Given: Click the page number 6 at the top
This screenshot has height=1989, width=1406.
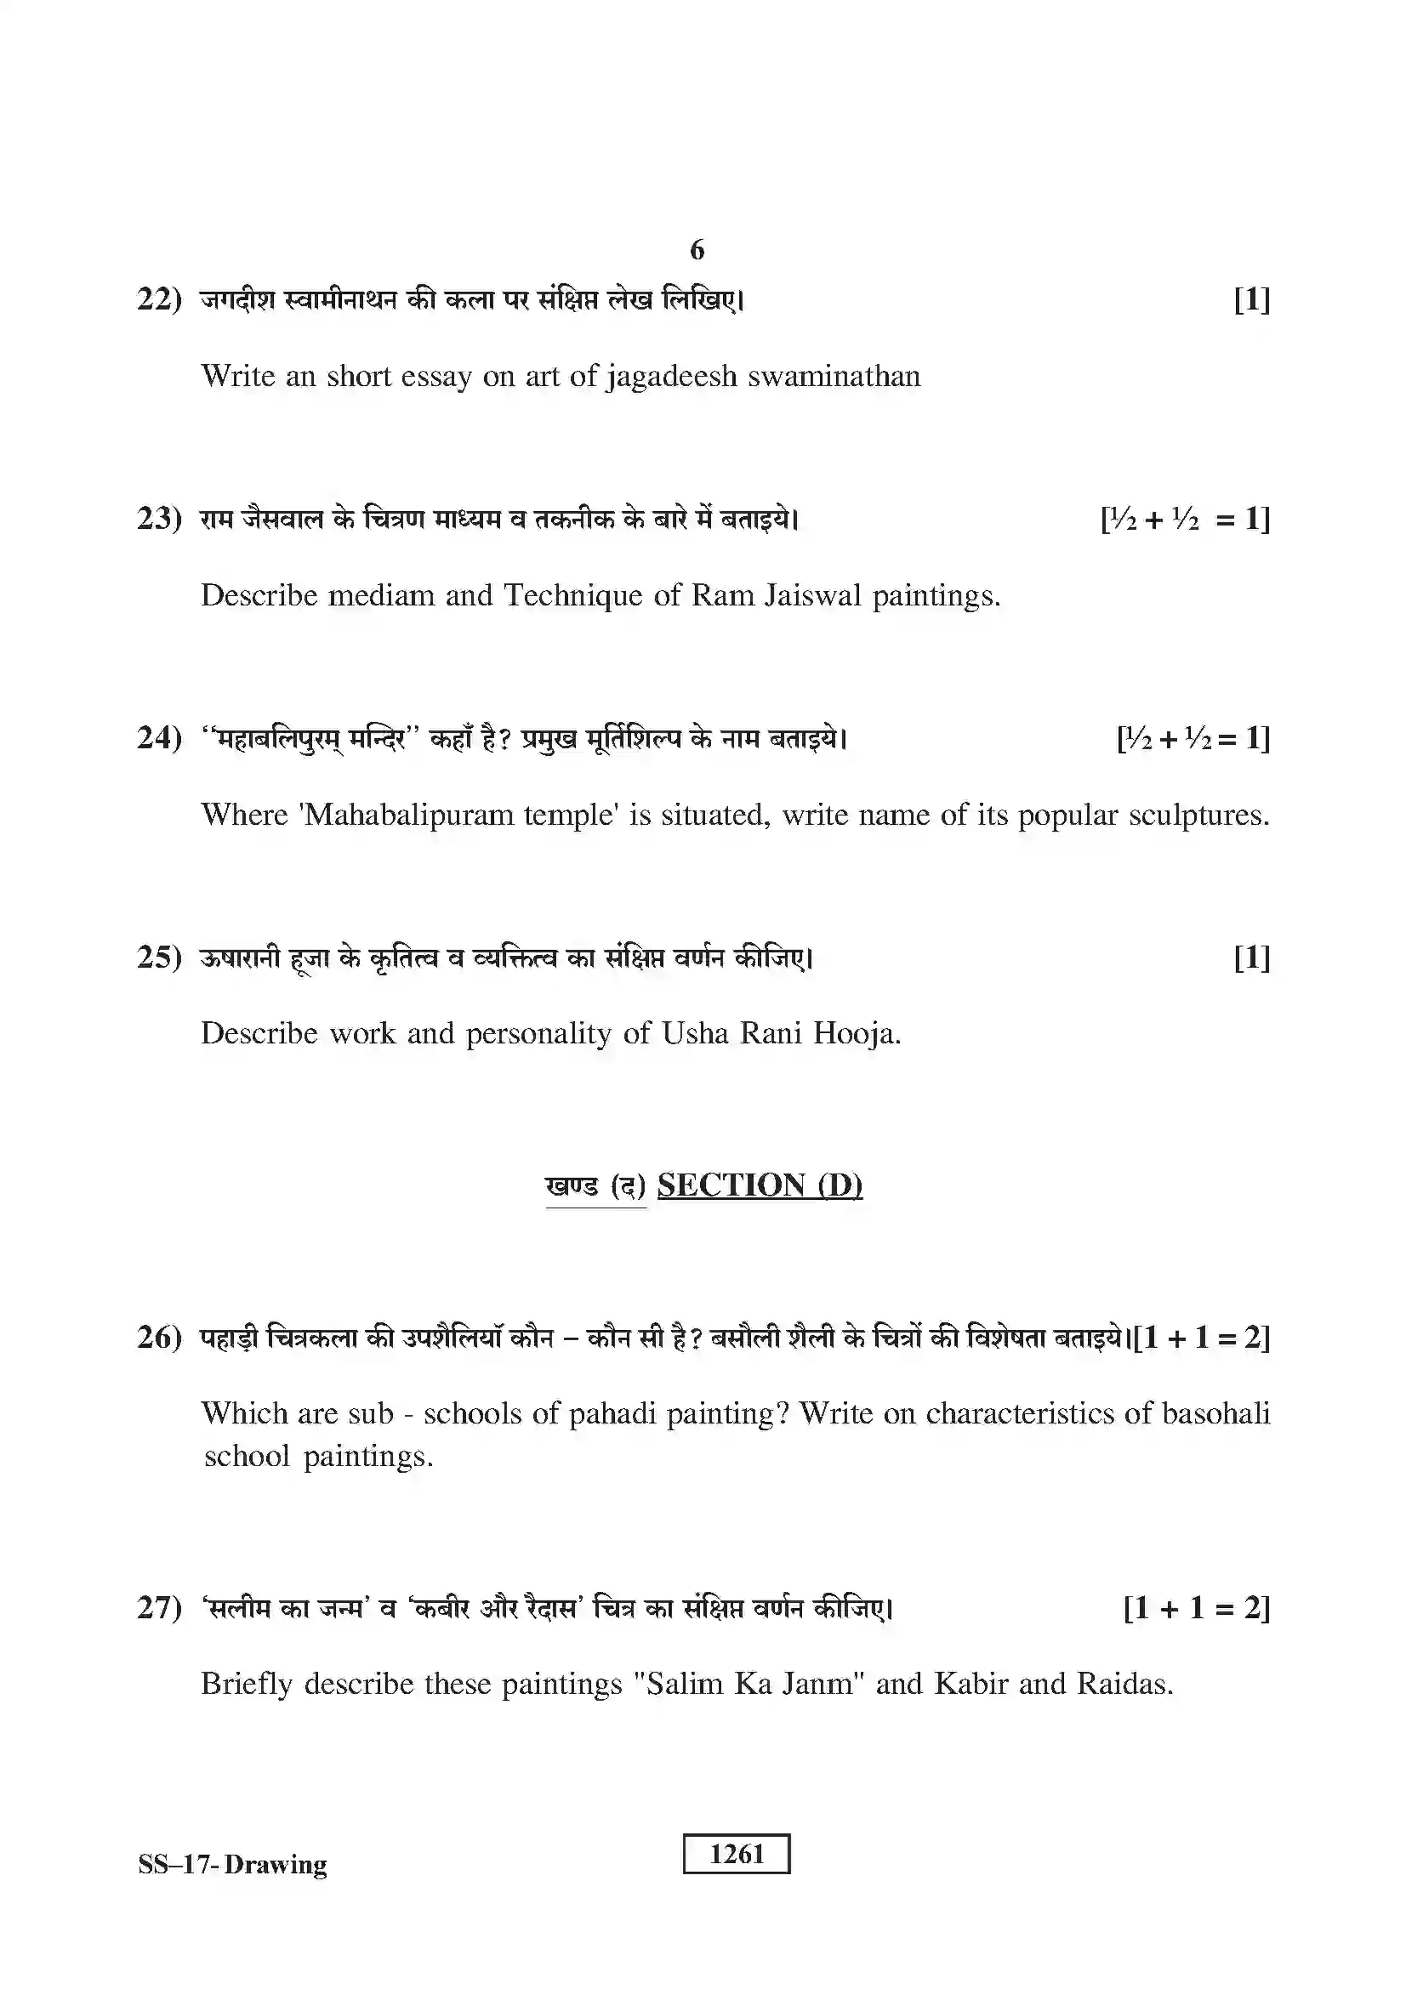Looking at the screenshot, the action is pyautogui.click(x=697, y=250).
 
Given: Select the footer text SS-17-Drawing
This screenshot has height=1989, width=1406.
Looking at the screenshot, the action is pyautogui.click(x=232, y=1864).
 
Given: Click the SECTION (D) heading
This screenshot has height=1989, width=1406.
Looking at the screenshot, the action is pyautogui.click(x=759, y=1185).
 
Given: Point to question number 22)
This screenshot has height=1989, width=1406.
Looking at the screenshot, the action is pyautogui.click(x=159, y=299).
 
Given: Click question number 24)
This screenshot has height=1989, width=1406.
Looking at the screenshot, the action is pyautogui.click(x=159, y=738).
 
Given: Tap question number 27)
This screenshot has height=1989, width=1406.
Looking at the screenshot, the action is pyautogui.click(x=159, y=1608).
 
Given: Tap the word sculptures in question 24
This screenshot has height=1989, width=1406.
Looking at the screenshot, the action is pyautogui.click(x=1198, y=815).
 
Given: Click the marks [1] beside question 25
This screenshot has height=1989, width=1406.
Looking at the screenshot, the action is pyautogui.click(x=1252, y=958).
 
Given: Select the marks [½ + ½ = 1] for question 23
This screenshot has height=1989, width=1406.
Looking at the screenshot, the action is pyautogui.click(x=1185, y=520).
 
